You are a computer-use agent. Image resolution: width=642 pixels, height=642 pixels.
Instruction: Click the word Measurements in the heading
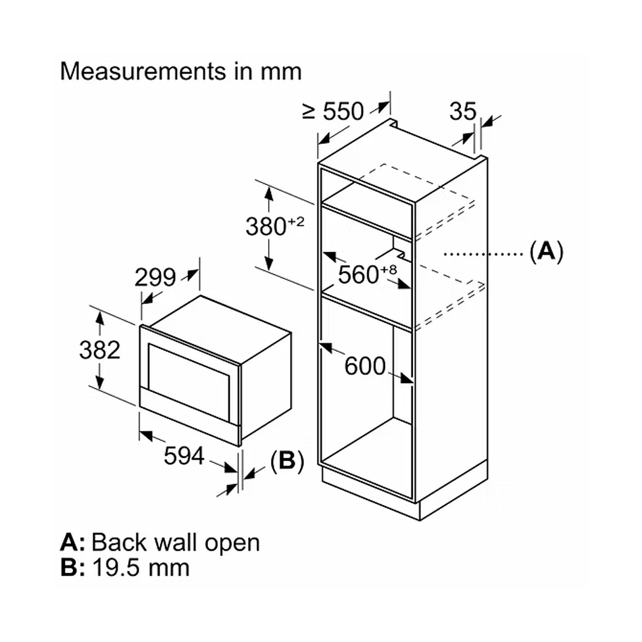click(x=143, y=71)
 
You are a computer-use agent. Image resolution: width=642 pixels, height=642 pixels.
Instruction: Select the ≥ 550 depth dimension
click(x=333, y=111)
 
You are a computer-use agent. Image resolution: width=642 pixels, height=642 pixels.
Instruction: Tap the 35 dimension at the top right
click(x=463, y=111)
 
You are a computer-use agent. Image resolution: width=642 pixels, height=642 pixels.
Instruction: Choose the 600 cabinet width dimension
click(x=365, y=366)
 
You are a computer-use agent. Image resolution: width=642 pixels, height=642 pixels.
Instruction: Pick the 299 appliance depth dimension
click(x=155, y=277)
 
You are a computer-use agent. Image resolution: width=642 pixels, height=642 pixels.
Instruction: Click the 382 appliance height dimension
click(x=99, y=350)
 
